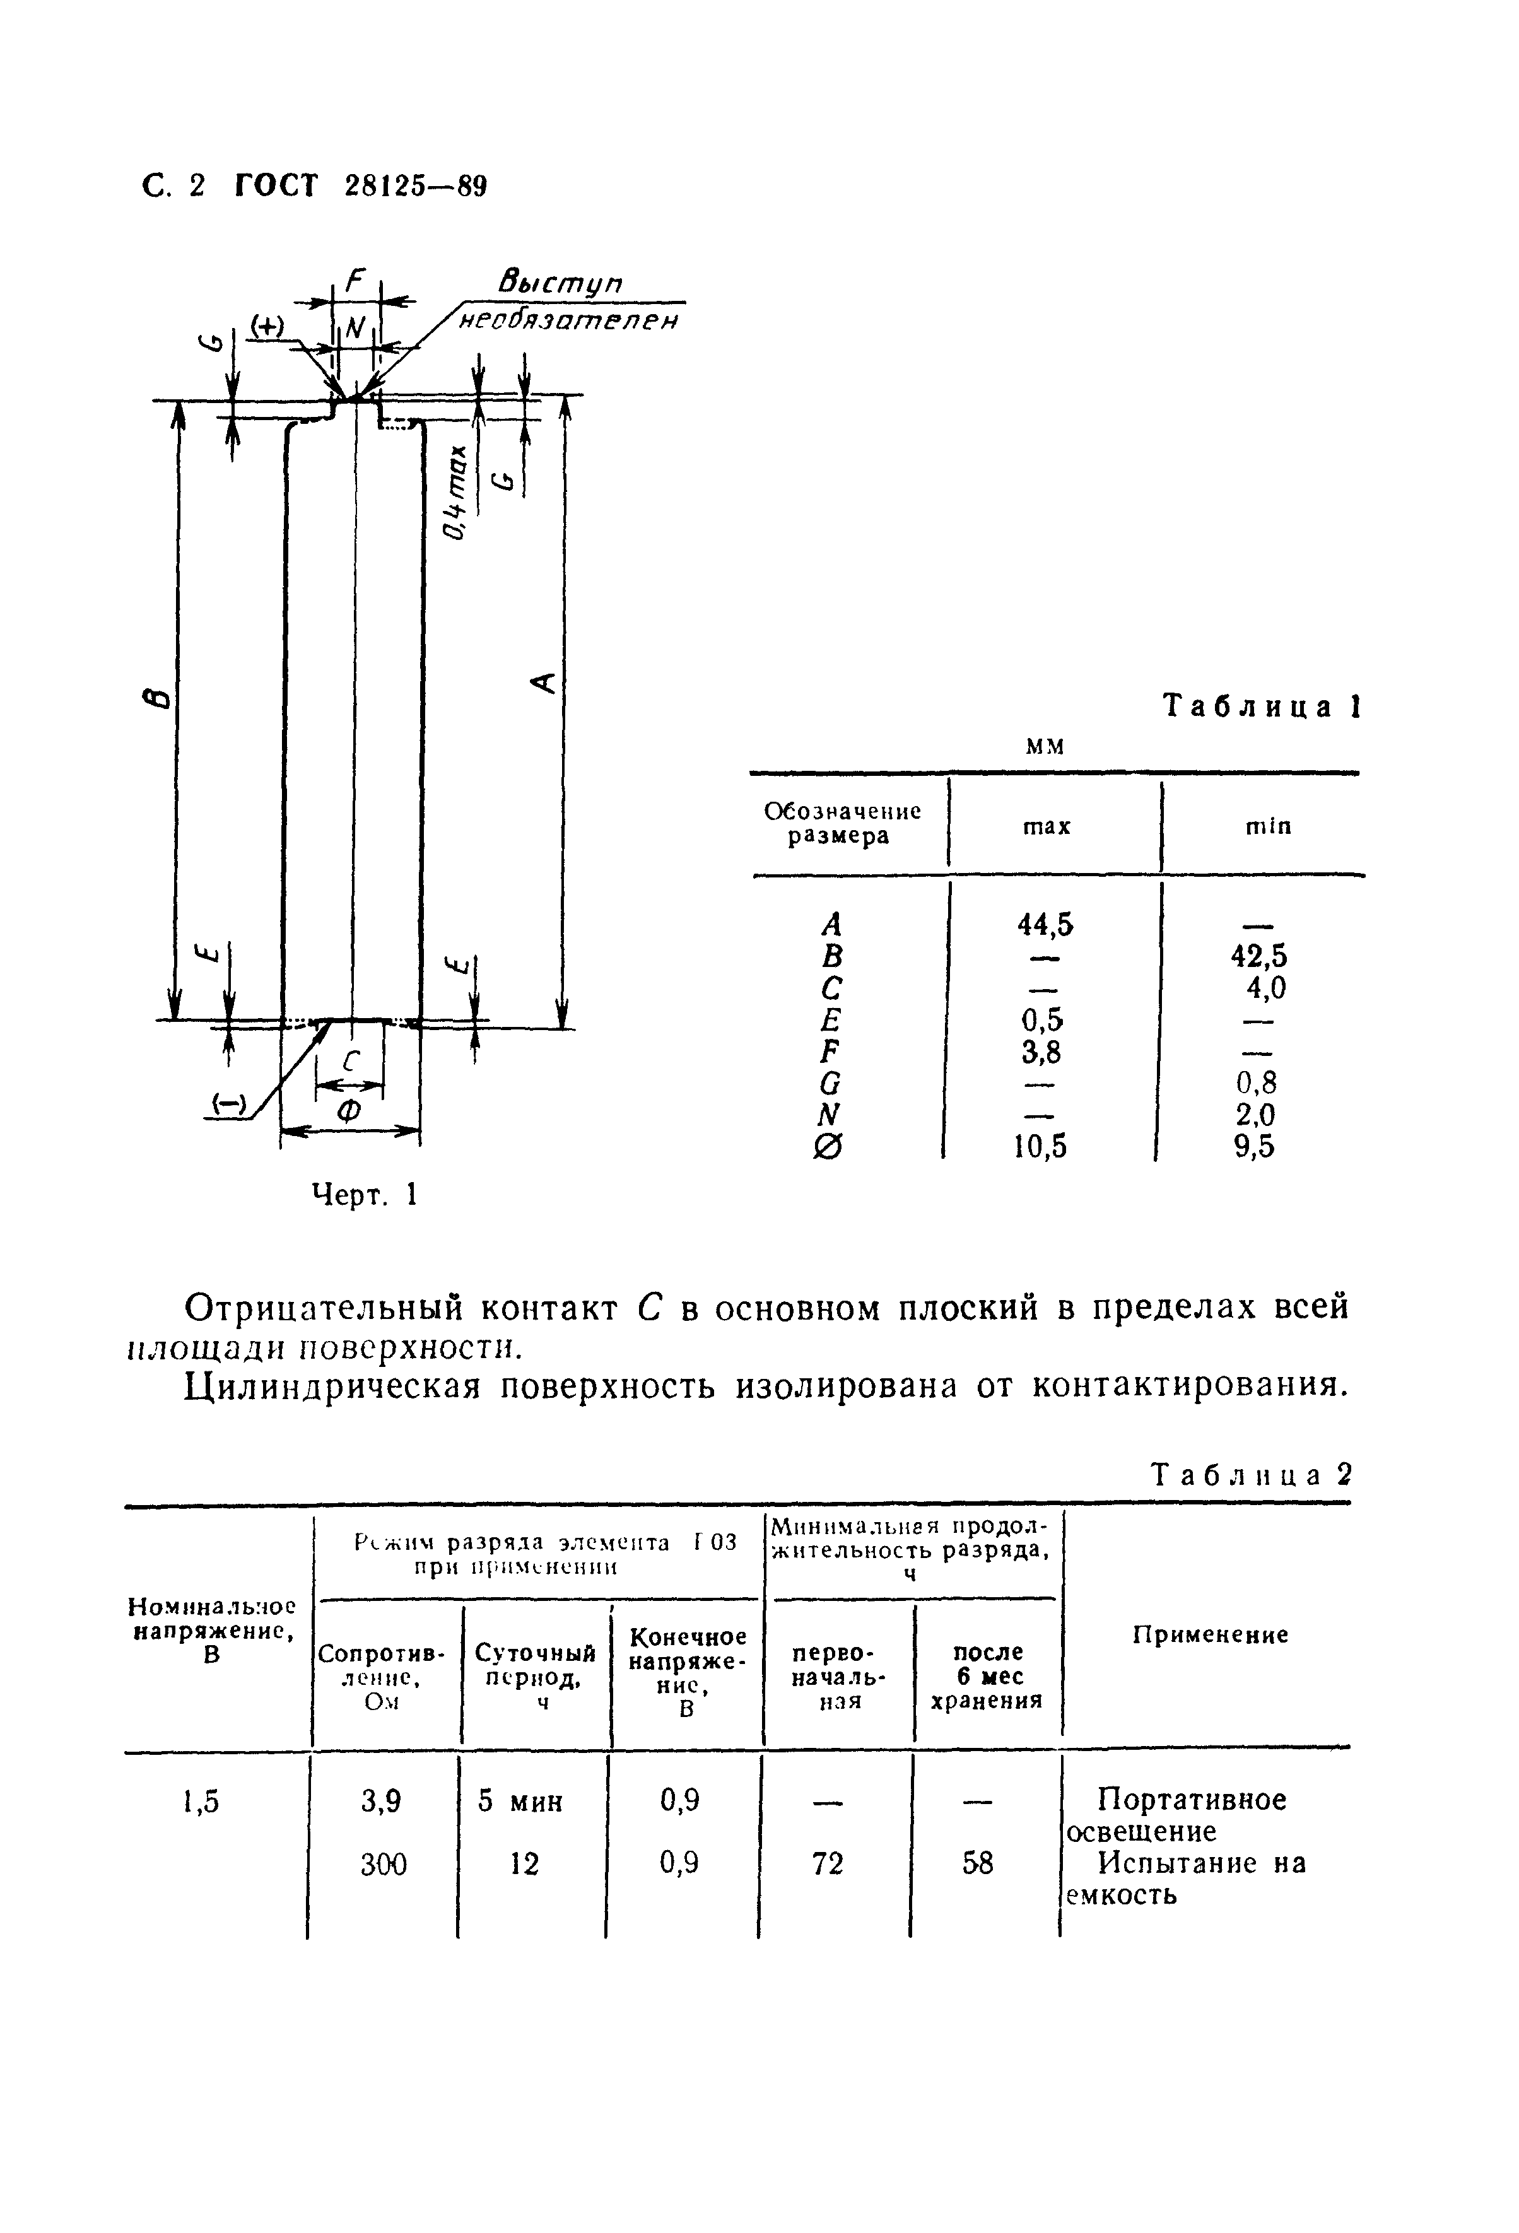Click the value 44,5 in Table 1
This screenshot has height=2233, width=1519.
(1045, 924)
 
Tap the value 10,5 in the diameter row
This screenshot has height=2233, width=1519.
(1041, 1146)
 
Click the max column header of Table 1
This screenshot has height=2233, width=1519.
(1047, 826)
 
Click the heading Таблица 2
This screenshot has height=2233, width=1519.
(1251, 1474)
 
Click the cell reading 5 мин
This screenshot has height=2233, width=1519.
(521, 1801)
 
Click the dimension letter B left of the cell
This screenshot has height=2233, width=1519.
(161, 698)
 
